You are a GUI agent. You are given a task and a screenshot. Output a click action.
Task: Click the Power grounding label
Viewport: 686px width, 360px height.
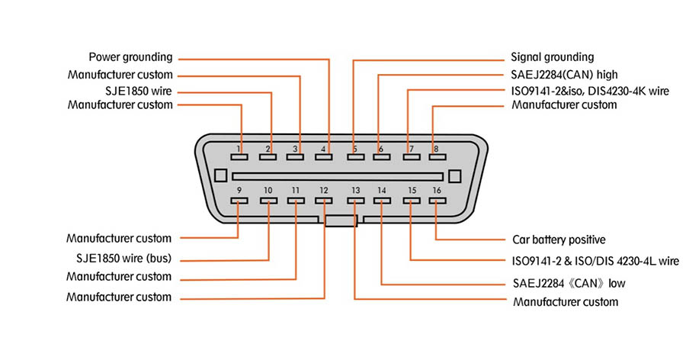click(130, 57)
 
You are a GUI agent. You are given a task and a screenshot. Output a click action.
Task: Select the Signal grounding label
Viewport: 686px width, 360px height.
click(551, 57)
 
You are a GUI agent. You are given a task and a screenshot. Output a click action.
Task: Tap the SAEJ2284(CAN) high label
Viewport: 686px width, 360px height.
click(563, 75)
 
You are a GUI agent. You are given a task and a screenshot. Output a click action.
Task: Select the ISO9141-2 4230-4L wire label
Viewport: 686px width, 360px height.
click(595, 261)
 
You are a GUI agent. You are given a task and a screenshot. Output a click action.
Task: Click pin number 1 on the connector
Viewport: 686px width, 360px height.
click(239, 148)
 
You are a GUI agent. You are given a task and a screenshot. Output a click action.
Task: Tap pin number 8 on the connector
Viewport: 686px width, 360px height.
click(435, 148)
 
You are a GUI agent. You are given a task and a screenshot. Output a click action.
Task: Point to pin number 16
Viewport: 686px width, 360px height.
click(436, 190)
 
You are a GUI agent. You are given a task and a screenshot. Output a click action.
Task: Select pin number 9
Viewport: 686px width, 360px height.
click(239, 190)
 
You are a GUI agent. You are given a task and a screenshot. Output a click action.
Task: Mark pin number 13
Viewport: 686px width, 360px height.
click(355, 190)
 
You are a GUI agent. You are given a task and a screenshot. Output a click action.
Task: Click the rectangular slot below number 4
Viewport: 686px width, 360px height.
click(324, 158)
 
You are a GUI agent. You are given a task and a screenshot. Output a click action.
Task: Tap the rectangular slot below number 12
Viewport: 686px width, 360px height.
click(324, 201)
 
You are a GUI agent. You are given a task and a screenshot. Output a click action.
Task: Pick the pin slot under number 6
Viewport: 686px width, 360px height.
click(380, 158)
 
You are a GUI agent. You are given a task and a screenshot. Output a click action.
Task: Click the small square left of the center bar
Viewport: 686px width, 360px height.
click(220, 175)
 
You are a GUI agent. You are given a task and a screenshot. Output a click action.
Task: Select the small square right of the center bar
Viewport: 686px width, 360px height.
click(454, 175)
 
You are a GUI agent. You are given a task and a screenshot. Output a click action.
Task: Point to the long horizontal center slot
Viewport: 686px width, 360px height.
click(338, 176)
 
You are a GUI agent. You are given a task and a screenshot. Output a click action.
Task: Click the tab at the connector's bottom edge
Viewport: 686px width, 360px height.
click(340, 221)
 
